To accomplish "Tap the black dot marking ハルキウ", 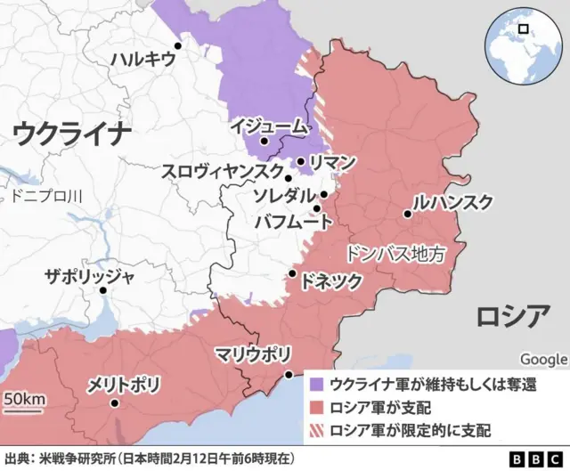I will [178, 45].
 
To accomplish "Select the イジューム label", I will [267, 126].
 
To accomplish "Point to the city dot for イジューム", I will [264, 141].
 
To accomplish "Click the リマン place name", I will [333, 162].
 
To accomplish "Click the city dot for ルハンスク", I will [407, 214].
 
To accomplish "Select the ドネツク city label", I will [331, 280].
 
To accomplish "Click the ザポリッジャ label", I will [90, 276].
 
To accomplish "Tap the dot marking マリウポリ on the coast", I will [287, 375].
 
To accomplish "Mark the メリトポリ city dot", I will [114, 403].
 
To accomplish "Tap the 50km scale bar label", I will [24, 399].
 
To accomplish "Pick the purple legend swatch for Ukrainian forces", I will [316, 384].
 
